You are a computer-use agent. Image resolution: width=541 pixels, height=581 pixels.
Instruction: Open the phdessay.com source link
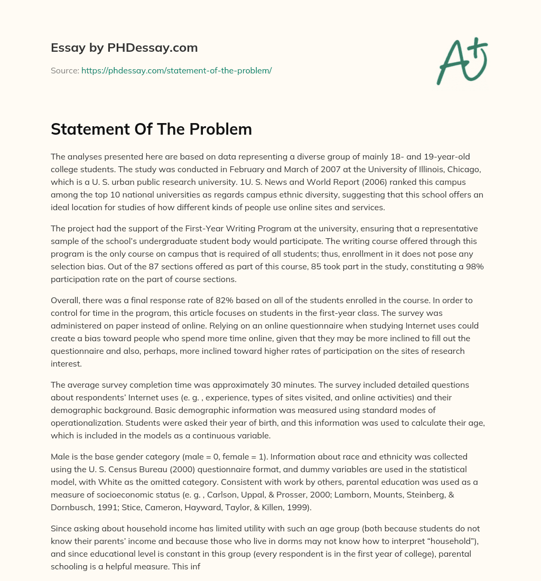tap(176, 70)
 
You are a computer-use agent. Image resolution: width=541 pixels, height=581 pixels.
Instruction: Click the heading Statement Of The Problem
tap(151, 129)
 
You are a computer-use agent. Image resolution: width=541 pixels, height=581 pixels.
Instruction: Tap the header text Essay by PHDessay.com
tap(124, 48)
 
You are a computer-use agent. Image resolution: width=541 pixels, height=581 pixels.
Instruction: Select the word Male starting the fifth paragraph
tap(60, 456)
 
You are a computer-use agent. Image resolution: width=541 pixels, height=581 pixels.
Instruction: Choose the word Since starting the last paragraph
tap(61, 528)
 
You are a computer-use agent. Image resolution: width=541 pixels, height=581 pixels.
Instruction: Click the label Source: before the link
tap(65, 70)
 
